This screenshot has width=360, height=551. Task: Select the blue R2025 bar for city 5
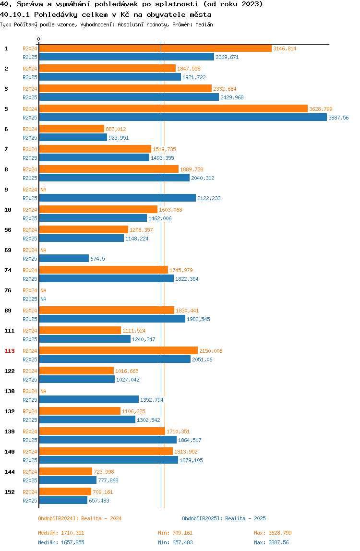[182, 118]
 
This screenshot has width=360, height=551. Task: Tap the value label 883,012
[116, 129]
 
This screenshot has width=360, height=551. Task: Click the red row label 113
[10, 351]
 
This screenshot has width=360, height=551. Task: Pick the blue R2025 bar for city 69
[63, 259]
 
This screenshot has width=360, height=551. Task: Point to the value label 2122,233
[209, 198]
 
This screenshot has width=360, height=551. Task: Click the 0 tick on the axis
[39, 39]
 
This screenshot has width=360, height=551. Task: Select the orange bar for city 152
[65, 492]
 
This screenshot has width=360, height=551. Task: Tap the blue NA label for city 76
[43, 299]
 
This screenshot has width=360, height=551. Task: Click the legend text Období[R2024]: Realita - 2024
[80, 518]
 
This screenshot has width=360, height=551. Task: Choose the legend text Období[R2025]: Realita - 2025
[224, 518]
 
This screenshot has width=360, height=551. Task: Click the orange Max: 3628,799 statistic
[273, 533]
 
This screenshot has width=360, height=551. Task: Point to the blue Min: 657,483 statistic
[175, 542]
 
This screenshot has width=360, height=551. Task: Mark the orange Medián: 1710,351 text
[61, 533]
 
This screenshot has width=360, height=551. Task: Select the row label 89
[8, 311]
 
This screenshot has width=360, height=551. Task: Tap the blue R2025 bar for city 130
[89, 400]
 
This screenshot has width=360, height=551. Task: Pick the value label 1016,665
[127, 371]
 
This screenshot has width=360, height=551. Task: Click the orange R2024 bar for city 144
[65, 472]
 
